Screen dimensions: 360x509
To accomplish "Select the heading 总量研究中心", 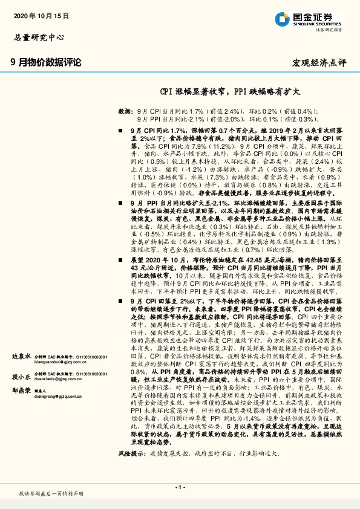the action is [38, 37].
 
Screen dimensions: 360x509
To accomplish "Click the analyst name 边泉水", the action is [21, 357].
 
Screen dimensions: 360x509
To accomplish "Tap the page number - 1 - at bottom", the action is [180, 487].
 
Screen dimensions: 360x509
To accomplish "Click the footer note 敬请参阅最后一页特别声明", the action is [51, 494].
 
